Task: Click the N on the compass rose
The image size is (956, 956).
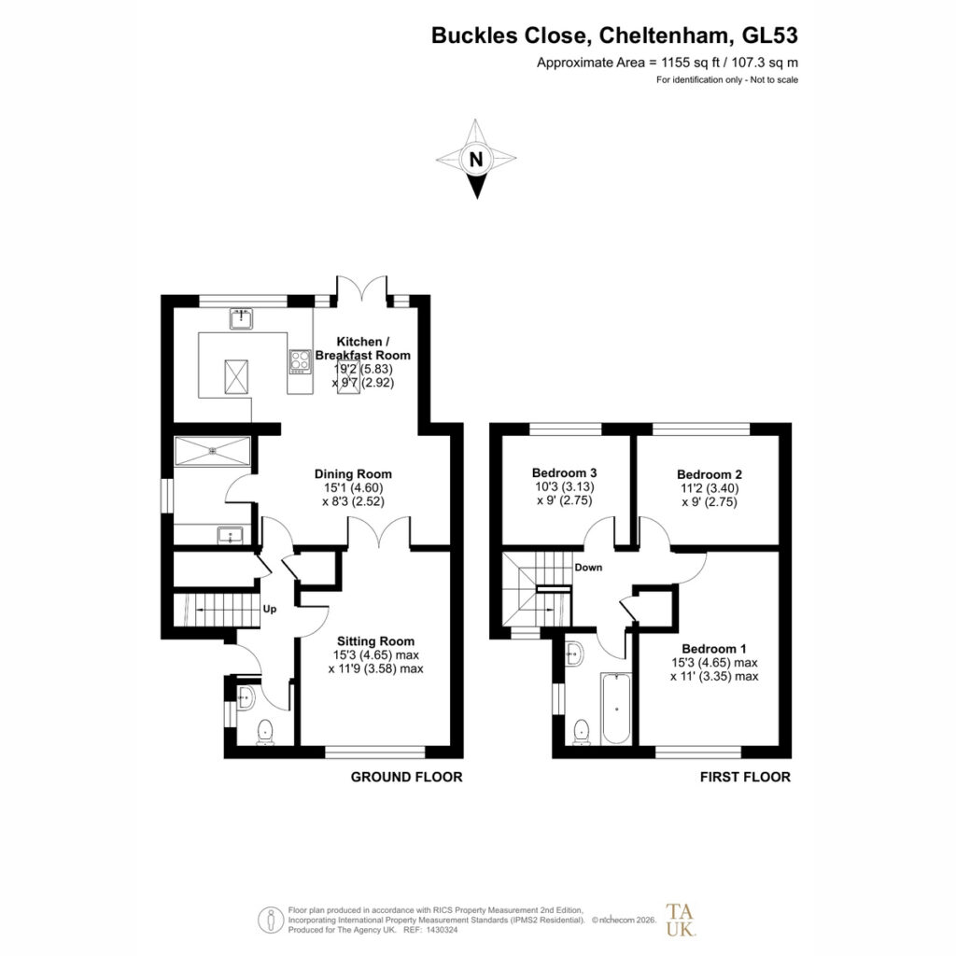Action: coord(476,159)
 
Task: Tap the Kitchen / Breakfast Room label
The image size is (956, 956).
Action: coord(363,348)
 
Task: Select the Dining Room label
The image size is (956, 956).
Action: coord(353,473)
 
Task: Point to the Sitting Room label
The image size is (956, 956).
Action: coord(375,640)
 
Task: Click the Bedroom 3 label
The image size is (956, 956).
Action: coord(564,472)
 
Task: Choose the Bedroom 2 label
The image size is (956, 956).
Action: coord(710,474)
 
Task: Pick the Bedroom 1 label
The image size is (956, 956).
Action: coord(714,649)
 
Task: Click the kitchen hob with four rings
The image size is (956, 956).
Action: coord(300,361)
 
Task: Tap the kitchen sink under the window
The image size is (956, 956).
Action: coord(242,319)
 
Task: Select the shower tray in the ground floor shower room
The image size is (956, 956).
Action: coord(213,451)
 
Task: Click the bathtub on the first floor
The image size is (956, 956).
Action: coord(616,709)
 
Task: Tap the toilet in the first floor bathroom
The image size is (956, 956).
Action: coord(582,732)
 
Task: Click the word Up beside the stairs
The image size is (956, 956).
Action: coord(270,609)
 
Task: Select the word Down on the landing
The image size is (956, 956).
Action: coord(588,567)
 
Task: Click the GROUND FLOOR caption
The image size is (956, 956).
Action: coord(407,777)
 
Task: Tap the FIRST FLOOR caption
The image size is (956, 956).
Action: coord(745,777)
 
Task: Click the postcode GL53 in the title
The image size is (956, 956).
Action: coord(769,35)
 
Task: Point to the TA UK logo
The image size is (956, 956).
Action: coord(681,920)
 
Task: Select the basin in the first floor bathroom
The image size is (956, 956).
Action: coord(574,654)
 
